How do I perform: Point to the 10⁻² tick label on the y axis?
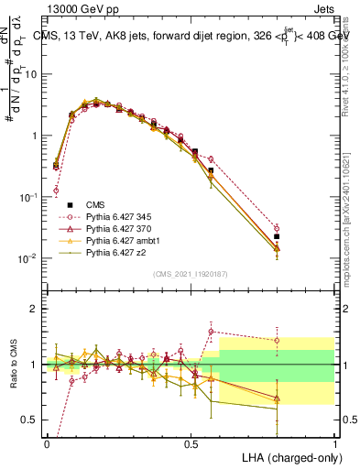point(27,259)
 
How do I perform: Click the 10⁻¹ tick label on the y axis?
point(27,197)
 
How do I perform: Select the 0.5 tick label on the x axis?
point(191,442)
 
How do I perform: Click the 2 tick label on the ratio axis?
point(33,309)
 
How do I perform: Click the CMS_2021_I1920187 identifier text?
point(191,274)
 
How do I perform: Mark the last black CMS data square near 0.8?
point(277,237)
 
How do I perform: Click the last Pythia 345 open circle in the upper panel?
point(277,228)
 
